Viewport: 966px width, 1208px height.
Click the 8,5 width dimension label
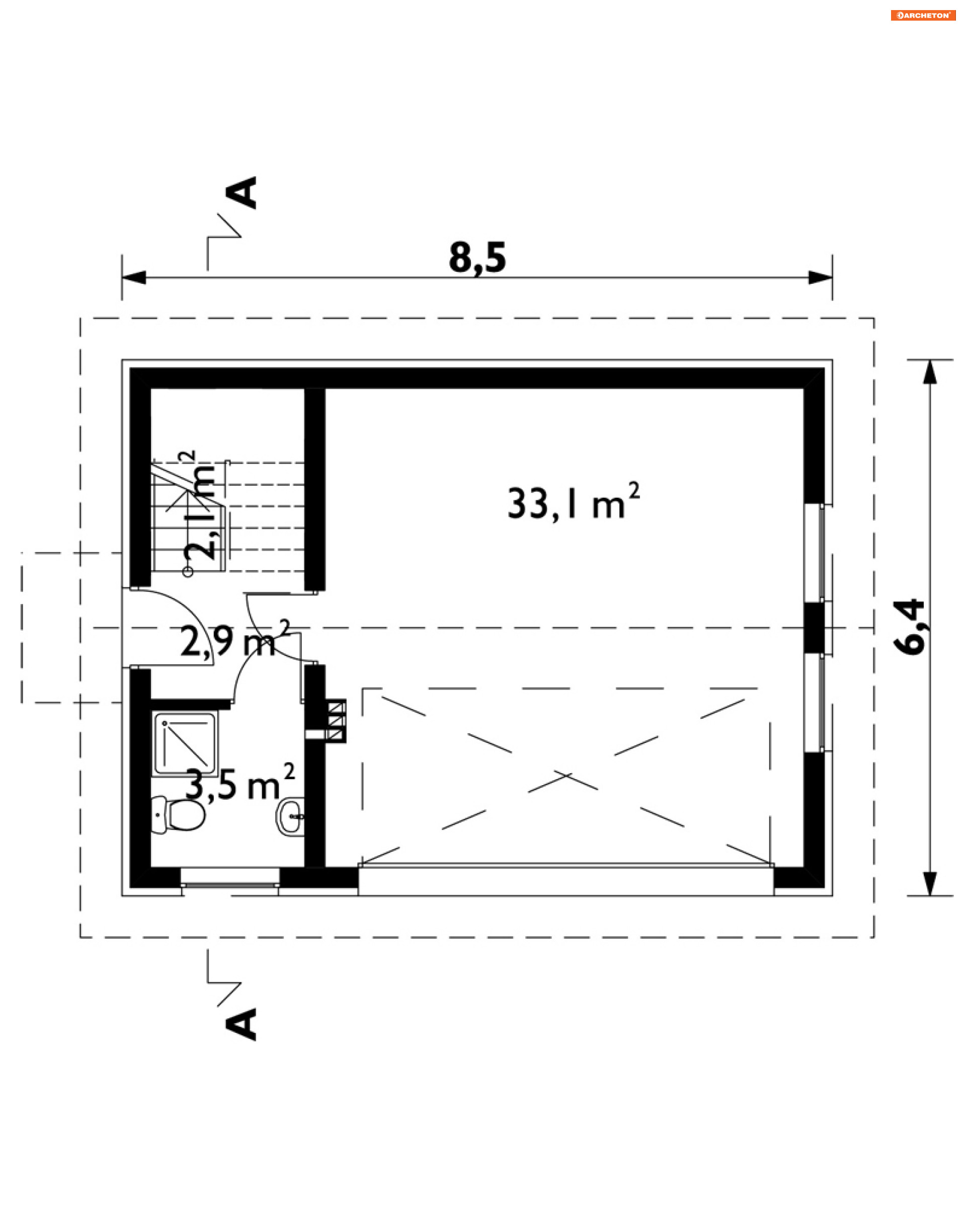[477, 258]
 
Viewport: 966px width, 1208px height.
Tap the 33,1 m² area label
[573, 502]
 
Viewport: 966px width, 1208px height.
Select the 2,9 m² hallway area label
[235, 638]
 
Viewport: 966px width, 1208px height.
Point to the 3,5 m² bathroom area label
[239, 783]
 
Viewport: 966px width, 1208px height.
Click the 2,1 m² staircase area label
[199, 504]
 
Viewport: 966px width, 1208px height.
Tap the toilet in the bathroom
[178, 814]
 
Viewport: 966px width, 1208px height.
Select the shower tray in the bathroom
[185, 743]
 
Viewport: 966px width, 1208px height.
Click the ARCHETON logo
[923, 15]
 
